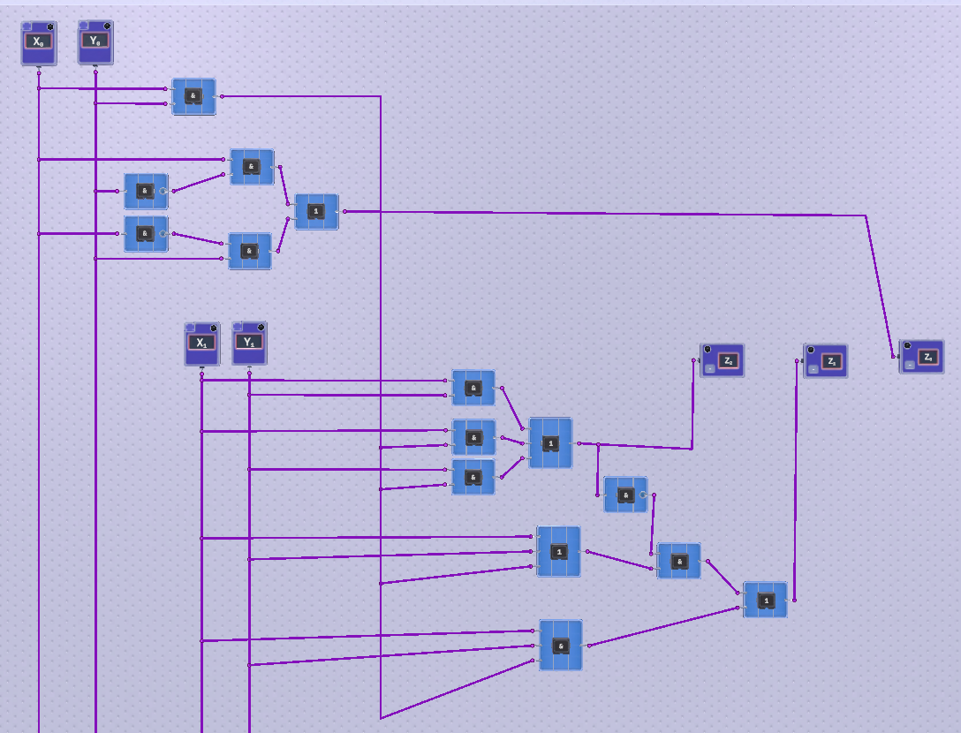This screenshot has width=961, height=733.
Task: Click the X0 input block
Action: pyautogui.click(x=38, y=43)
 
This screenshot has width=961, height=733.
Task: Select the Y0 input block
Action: pyautogui.click(x=95, y=42)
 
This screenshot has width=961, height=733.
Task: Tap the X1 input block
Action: pyautogui.click(x=201, y=344)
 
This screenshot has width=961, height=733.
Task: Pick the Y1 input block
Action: pyautogui.click(x=249, y=344)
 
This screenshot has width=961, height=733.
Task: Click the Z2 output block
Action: pyautogui.click(x=722, y=360)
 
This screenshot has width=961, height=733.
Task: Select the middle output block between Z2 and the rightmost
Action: pyautogui.click(x=825, y=361)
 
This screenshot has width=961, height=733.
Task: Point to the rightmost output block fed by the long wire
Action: pyautogui.click(x=921, y=357)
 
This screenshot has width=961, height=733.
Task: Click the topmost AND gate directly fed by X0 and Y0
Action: pyautogui.click(x=193, y=96)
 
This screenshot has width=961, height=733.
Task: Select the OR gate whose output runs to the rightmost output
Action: pyautogui.click(x=315, y=212)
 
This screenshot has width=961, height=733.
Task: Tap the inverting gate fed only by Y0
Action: pyautogui.click(x=145, y=191)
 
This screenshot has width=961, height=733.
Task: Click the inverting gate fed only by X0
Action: pyautogui.click(x=145, y=234)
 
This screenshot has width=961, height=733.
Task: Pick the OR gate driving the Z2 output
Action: pyautogui.click(x=550, y=443)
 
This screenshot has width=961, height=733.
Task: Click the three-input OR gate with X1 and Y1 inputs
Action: pyautogui.click(x=558, y=552)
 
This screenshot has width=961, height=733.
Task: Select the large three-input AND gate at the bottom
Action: pyautogui.click(x=560, y=646)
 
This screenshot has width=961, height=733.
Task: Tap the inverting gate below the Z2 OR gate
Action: pyautogui.click(x=624, y=495)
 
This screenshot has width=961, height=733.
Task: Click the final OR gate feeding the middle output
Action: pyautogui.click(x=765, y=601)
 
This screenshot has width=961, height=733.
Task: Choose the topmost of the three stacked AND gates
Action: pyautogui.click(x=473, y=388)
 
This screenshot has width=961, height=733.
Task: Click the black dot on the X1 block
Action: pyautogui.click(x=213, y=328)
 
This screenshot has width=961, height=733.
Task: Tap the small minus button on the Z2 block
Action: pyautogui.click(x=709, y=368)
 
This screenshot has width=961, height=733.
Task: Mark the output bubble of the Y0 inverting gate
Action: pyautogui.click(x=163, y=191)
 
